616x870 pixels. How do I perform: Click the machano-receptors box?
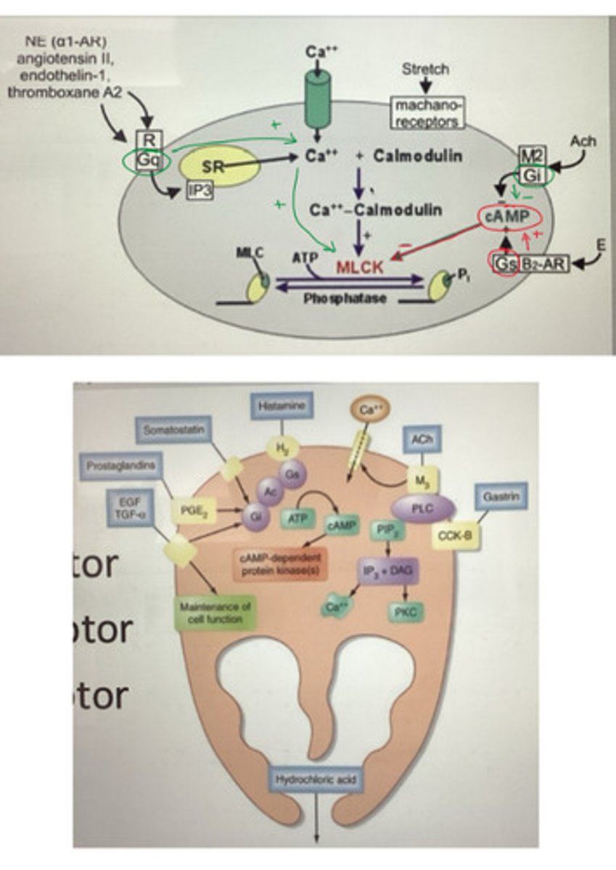point(428,114)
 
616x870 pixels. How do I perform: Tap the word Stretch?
point(425,70)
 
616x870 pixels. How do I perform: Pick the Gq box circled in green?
point(148,161)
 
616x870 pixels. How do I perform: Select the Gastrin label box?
point(501,497)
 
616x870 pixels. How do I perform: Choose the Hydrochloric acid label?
point(314,780)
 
